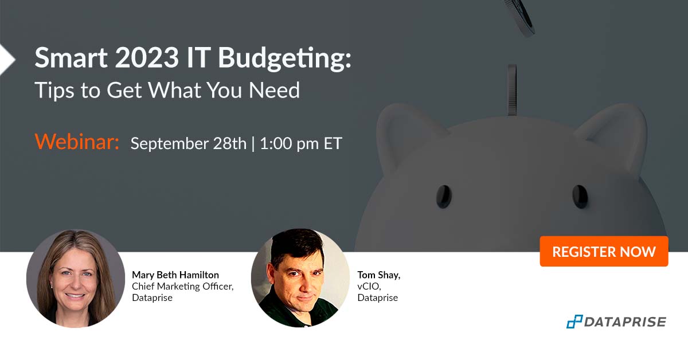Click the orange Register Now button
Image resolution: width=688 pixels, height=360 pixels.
click(604, 251)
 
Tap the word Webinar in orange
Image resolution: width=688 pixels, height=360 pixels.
click(77, 142)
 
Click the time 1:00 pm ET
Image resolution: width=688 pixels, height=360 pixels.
click(301, 143)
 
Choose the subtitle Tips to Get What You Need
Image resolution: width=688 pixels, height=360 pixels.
click(167, 90)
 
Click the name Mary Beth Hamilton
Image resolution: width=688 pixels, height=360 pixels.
click(175, 275)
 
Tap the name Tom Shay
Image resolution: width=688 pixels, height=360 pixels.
click(378, 275)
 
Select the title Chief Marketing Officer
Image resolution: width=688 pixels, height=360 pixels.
click(182, 287)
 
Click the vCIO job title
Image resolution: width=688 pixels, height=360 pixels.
click(369, 287)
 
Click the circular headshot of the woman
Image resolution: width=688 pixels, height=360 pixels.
click(75, 278)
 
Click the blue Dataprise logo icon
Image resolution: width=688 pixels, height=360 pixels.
click(574, 322)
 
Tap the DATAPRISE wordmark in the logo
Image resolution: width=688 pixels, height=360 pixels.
click(625, 322)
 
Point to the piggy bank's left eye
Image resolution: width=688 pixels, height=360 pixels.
click(443, 196)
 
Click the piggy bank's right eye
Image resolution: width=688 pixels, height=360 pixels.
click(580, 196)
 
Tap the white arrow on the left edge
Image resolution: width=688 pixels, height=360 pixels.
click(6, 59)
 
